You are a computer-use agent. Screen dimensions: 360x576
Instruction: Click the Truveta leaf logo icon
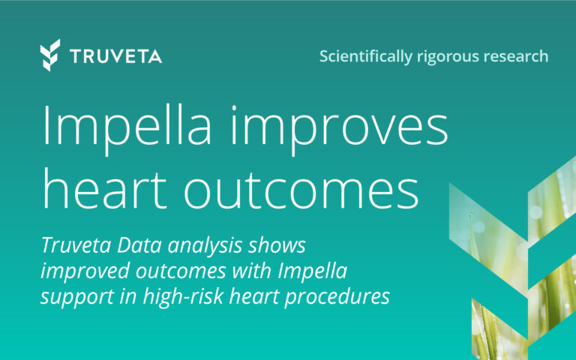50,55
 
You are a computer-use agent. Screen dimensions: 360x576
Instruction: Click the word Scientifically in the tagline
365,56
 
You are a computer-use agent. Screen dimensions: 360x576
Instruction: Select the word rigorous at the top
450,56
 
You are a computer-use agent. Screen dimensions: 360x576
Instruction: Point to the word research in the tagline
517,56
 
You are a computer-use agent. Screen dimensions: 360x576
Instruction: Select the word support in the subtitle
73,296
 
